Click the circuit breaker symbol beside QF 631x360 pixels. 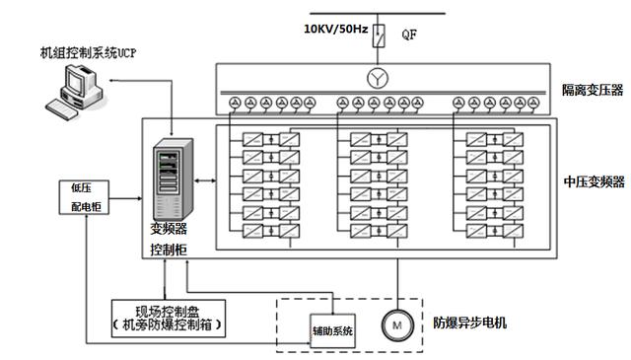click(377, 38)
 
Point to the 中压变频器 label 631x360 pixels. click(594, 181)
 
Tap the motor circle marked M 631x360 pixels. click(396, 323)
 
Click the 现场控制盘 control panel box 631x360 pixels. click(166, 316)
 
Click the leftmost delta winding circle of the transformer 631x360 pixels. click(235, 103)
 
